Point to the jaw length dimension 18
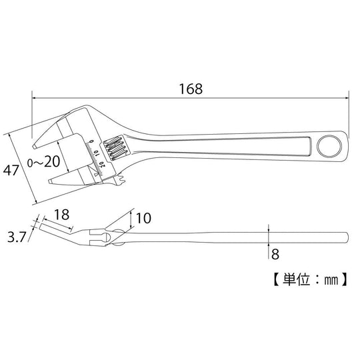tap(61, 215)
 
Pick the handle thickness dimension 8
tap(274, 253)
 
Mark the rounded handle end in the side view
tap(344, 238)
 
